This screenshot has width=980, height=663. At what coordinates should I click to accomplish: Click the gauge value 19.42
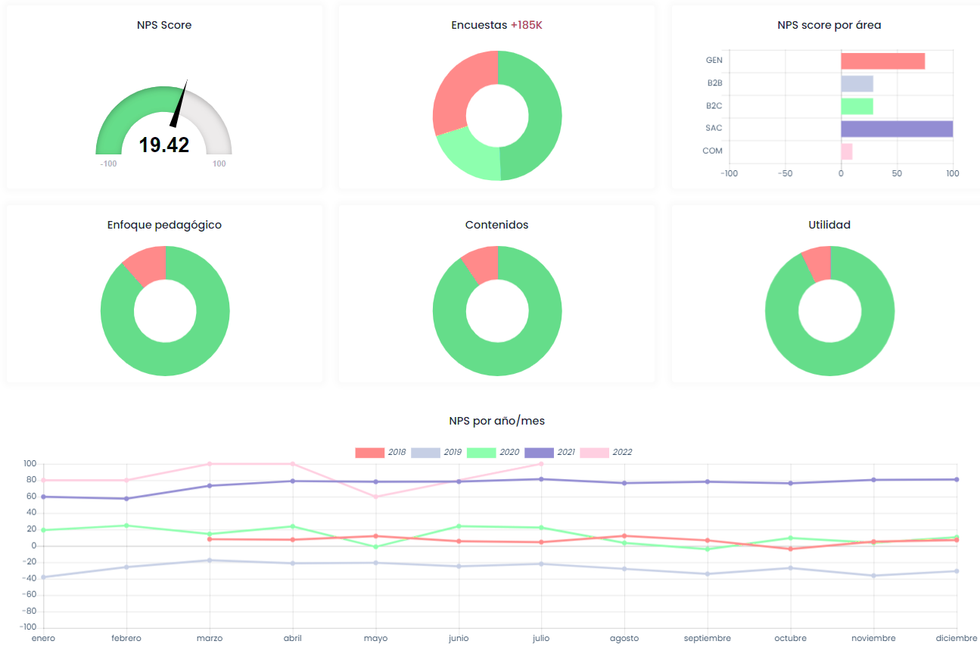[163, 145]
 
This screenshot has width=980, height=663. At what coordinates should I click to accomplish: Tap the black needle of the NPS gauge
[179, 105]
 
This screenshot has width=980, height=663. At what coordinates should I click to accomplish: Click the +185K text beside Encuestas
[527, 25]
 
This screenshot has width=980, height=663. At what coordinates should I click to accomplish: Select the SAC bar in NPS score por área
[897, 129]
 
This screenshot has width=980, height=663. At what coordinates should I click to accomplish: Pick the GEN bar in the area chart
[882, 61]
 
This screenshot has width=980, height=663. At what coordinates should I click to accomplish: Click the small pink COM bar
[847, 151]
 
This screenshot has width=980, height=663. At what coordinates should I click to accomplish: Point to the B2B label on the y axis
[714, 82]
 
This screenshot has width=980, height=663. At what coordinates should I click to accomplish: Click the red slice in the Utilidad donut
[818, 262]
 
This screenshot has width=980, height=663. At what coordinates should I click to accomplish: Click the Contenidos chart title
[496, 225]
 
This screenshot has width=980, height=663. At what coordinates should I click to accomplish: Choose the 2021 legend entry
[549, 453]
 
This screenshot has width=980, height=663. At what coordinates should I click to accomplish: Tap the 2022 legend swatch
[594, 453]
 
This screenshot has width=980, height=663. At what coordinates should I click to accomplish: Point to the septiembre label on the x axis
[708, 638]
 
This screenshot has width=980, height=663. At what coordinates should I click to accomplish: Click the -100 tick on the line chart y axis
[30, 627]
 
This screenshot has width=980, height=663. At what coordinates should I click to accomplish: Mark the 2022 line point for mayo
[375, 496]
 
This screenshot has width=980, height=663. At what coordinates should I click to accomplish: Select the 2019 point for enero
[43, 577]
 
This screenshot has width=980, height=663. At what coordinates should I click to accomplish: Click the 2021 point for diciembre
[957, 479]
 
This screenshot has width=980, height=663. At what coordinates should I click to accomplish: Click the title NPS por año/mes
[496, 421]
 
